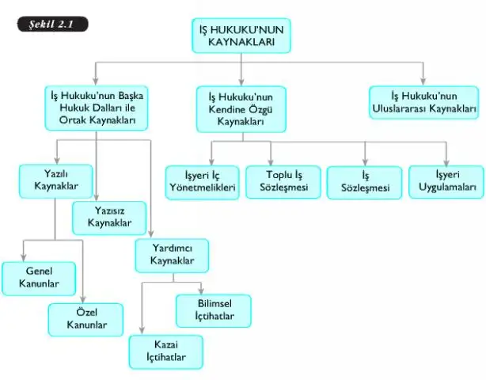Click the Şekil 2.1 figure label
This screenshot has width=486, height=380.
(x=53, y=25)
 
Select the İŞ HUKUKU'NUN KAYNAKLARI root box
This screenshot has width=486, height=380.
(x=241, y=36)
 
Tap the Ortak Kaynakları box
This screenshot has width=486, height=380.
(x=97, y=108)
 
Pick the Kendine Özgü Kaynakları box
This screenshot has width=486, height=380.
(x=241, y=109)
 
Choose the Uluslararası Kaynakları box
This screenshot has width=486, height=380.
(x=423, y=103)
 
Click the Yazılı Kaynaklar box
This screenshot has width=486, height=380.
(x=55, y=181)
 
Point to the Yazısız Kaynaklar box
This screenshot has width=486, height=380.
(x=109, y=218)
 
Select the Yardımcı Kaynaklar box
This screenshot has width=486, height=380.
(x=172, y=256)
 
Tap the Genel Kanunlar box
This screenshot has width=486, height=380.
(x=39, y=279)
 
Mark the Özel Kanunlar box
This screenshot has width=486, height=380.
(x=85, y=320)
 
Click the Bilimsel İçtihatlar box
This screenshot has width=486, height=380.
(x=214, y=311)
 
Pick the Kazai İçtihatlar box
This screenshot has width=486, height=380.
(x=166, y=352)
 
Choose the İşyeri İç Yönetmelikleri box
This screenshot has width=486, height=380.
(x=203, y=183)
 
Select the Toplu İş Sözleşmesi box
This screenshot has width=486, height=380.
(x=283, y=182)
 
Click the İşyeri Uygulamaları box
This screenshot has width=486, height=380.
(x=446, y=182)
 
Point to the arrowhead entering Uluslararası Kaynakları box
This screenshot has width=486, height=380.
(x=423, y=82)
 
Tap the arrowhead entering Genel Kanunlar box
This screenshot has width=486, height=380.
(x=23, y=257)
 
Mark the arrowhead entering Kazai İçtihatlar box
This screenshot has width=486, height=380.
(x=142, y=330)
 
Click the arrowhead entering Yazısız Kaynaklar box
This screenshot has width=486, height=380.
(x=96, y=197)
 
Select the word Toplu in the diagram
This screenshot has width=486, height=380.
(x=276, y=176)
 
